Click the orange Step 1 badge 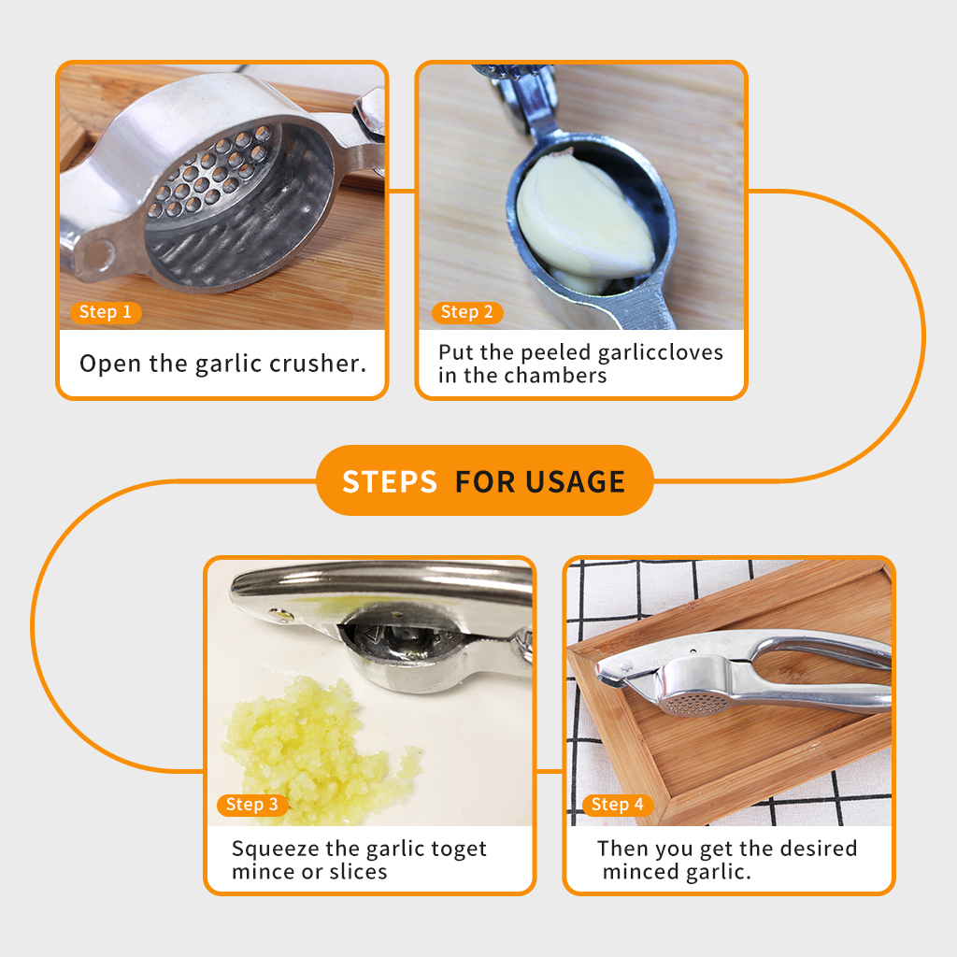(107, 312)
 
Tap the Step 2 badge (467, 312)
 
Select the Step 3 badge (252, 805)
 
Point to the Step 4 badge (618, 805)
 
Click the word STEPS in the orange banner (390, 481)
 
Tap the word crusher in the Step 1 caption (318, 364)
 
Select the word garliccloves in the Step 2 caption (661, 352)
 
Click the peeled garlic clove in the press (585, 216)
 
